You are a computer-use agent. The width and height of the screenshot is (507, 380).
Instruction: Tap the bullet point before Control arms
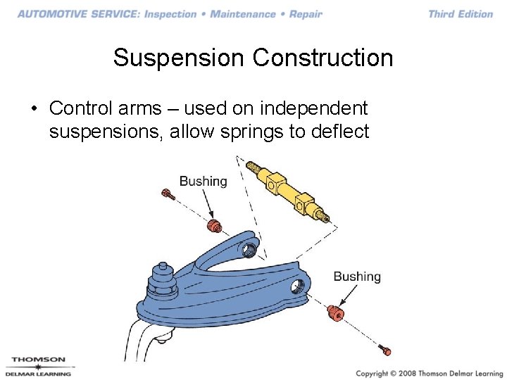click(x=33, y=109)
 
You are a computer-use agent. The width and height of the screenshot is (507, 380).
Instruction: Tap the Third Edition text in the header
click(x=461, y=14)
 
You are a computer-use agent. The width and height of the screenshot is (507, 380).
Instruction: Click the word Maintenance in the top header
click(x=244, y=14)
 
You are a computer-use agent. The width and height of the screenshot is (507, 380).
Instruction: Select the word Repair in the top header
click(x=306, y=14)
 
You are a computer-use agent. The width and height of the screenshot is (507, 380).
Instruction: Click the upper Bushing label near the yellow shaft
click(x=203, y=181)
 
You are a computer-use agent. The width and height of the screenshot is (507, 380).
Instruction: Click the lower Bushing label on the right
click(x=357, y=277)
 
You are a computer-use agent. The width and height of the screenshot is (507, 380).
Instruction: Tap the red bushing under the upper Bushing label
click(x=214, y=225)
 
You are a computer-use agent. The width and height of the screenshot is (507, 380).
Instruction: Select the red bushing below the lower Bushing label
click(x=335, y=313)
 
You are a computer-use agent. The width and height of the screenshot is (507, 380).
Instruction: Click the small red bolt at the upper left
click(x=168, y=194)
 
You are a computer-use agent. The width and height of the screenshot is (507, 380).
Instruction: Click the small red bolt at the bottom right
click(x=384, y=349)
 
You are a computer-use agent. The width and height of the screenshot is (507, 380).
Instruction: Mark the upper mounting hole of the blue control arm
click(x=249, y=249)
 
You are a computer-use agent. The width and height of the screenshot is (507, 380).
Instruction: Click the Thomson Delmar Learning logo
click(x=38, y=367)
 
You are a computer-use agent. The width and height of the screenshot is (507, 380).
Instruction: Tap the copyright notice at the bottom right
click(x=429, y=373)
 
